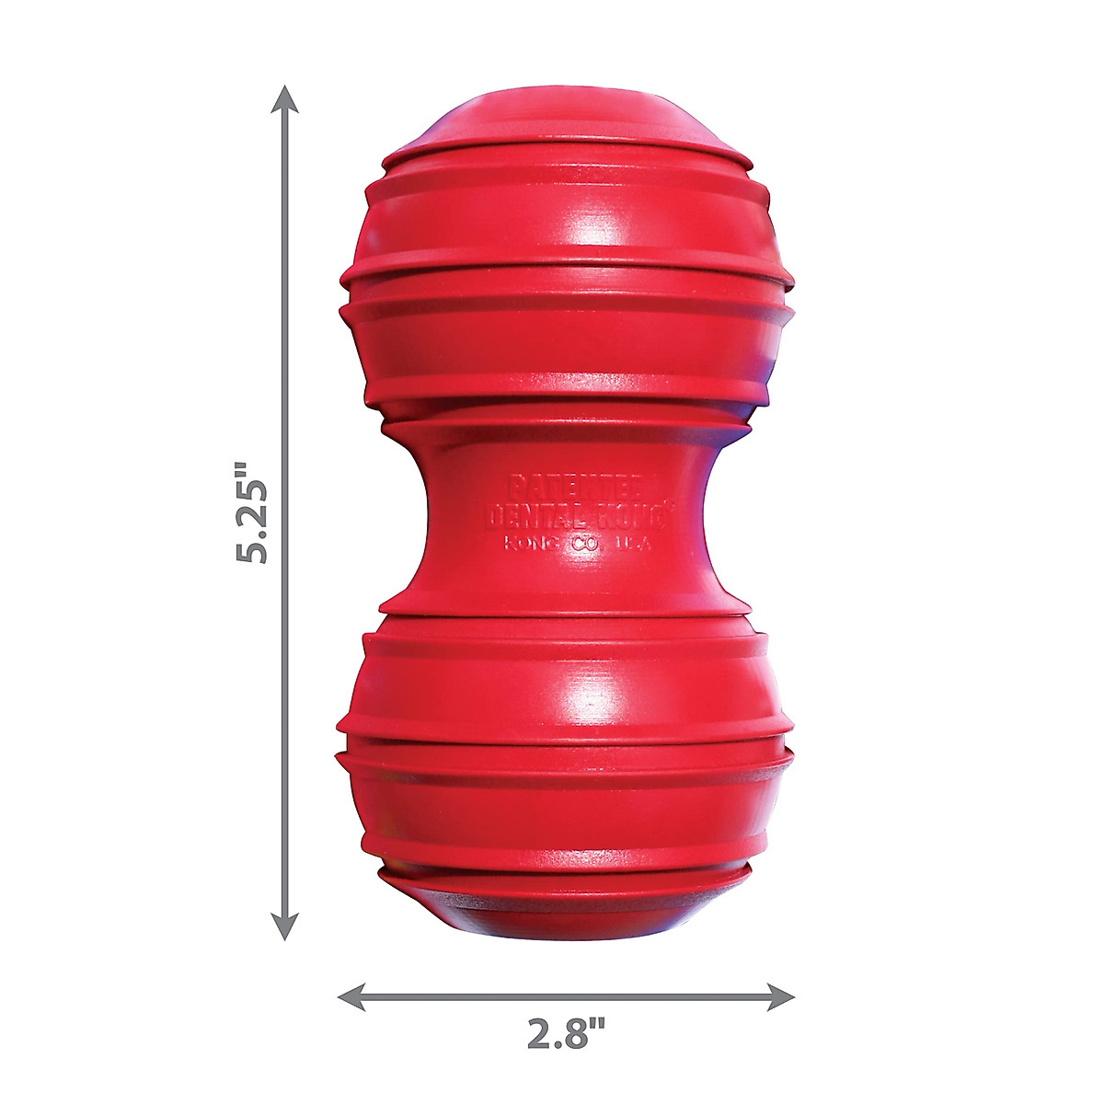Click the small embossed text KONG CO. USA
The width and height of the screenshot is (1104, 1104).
pos(577,543)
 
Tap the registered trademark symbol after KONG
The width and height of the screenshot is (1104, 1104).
pos(670,504)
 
